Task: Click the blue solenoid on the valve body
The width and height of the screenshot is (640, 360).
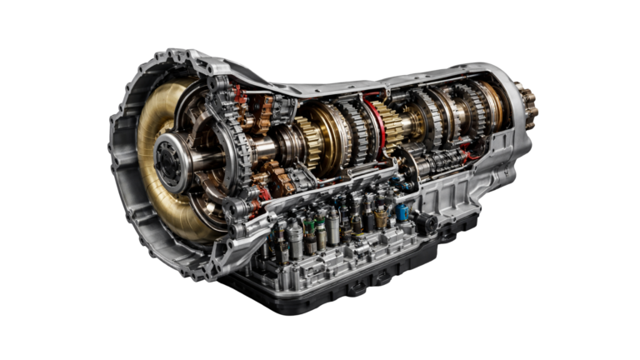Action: [x=402, y=212]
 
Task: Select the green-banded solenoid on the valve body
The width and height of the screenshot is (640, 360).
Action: [x=310, y=227]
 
